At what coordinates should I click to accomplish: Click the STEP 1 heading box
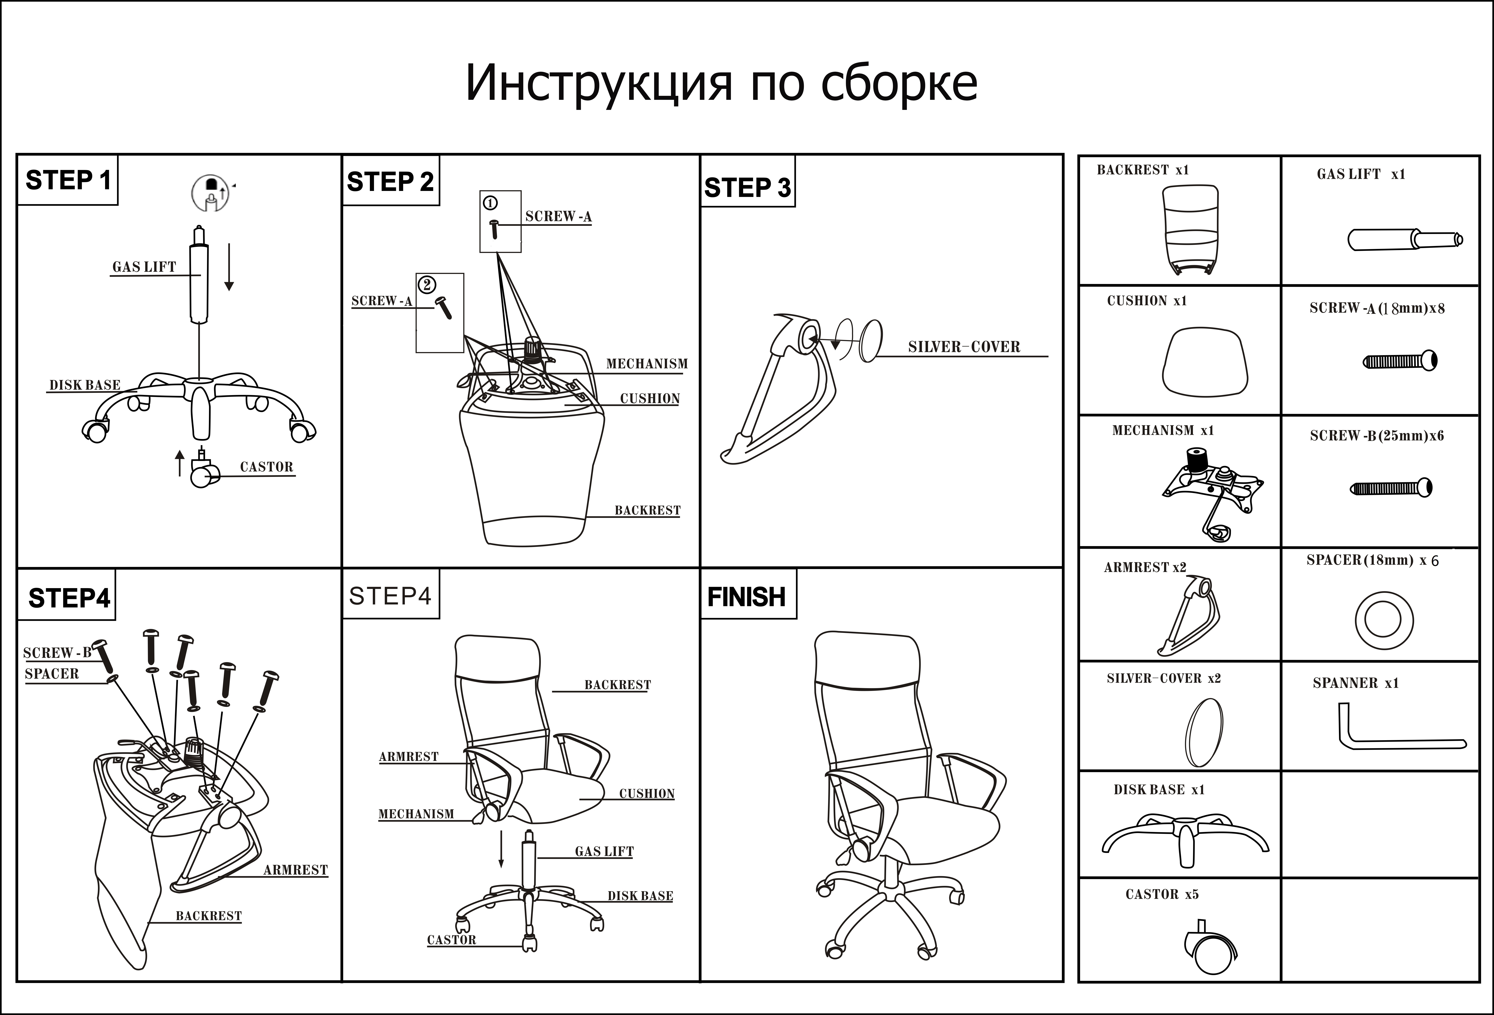pyautogui.click(x=68, y=181)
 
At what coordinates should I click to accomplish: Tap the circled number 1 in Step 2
pyautogui.click(x=490, y=203)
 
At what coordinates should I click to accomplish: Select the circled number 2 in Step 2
pyautogui.click(x=427, y=284)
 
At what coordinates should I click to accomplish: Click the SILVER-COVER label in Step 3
pyautogui.click(x=964, y=347)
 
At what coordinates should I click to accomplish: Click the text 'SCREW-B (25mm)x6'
pyautogui.click(x=1376, y=436)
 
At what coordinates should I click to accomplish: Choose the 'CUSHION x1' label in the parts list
pyautogui.click(x=1146, y=301)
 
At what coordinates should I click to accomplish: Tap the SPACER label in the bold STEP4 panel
pyautogui.click(x=51, y=674)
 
